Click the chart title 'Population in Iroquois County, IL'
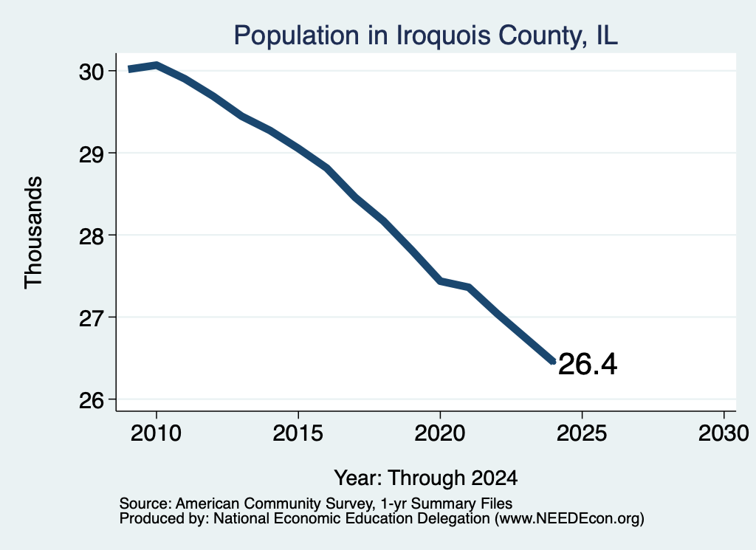click(425, 35)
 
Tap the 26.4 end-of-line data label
click(587, 364)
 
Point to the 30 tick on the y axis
click(91, 72)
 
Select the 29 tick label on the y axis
click(91, 154)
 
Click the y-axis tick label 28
click(91, 236)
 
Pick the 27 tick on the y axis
click(91, 317)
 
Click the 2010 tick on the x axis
click(157, 433)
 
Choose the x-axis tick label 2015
click(298, 433)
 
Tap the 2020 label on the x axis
click(440, 433)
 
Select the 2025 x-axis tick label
click(582, 433)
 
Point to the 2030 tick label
click(724, 433)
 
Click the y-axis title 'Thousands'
click(34, 233)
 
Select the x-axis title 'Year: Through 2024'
click(426, 478)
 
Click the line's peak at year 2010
click(157, 65)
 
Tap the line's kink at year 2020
click(440, 281)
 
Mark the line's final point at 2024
click(554, 362)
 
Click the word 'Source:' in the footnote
click(145, 503)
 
